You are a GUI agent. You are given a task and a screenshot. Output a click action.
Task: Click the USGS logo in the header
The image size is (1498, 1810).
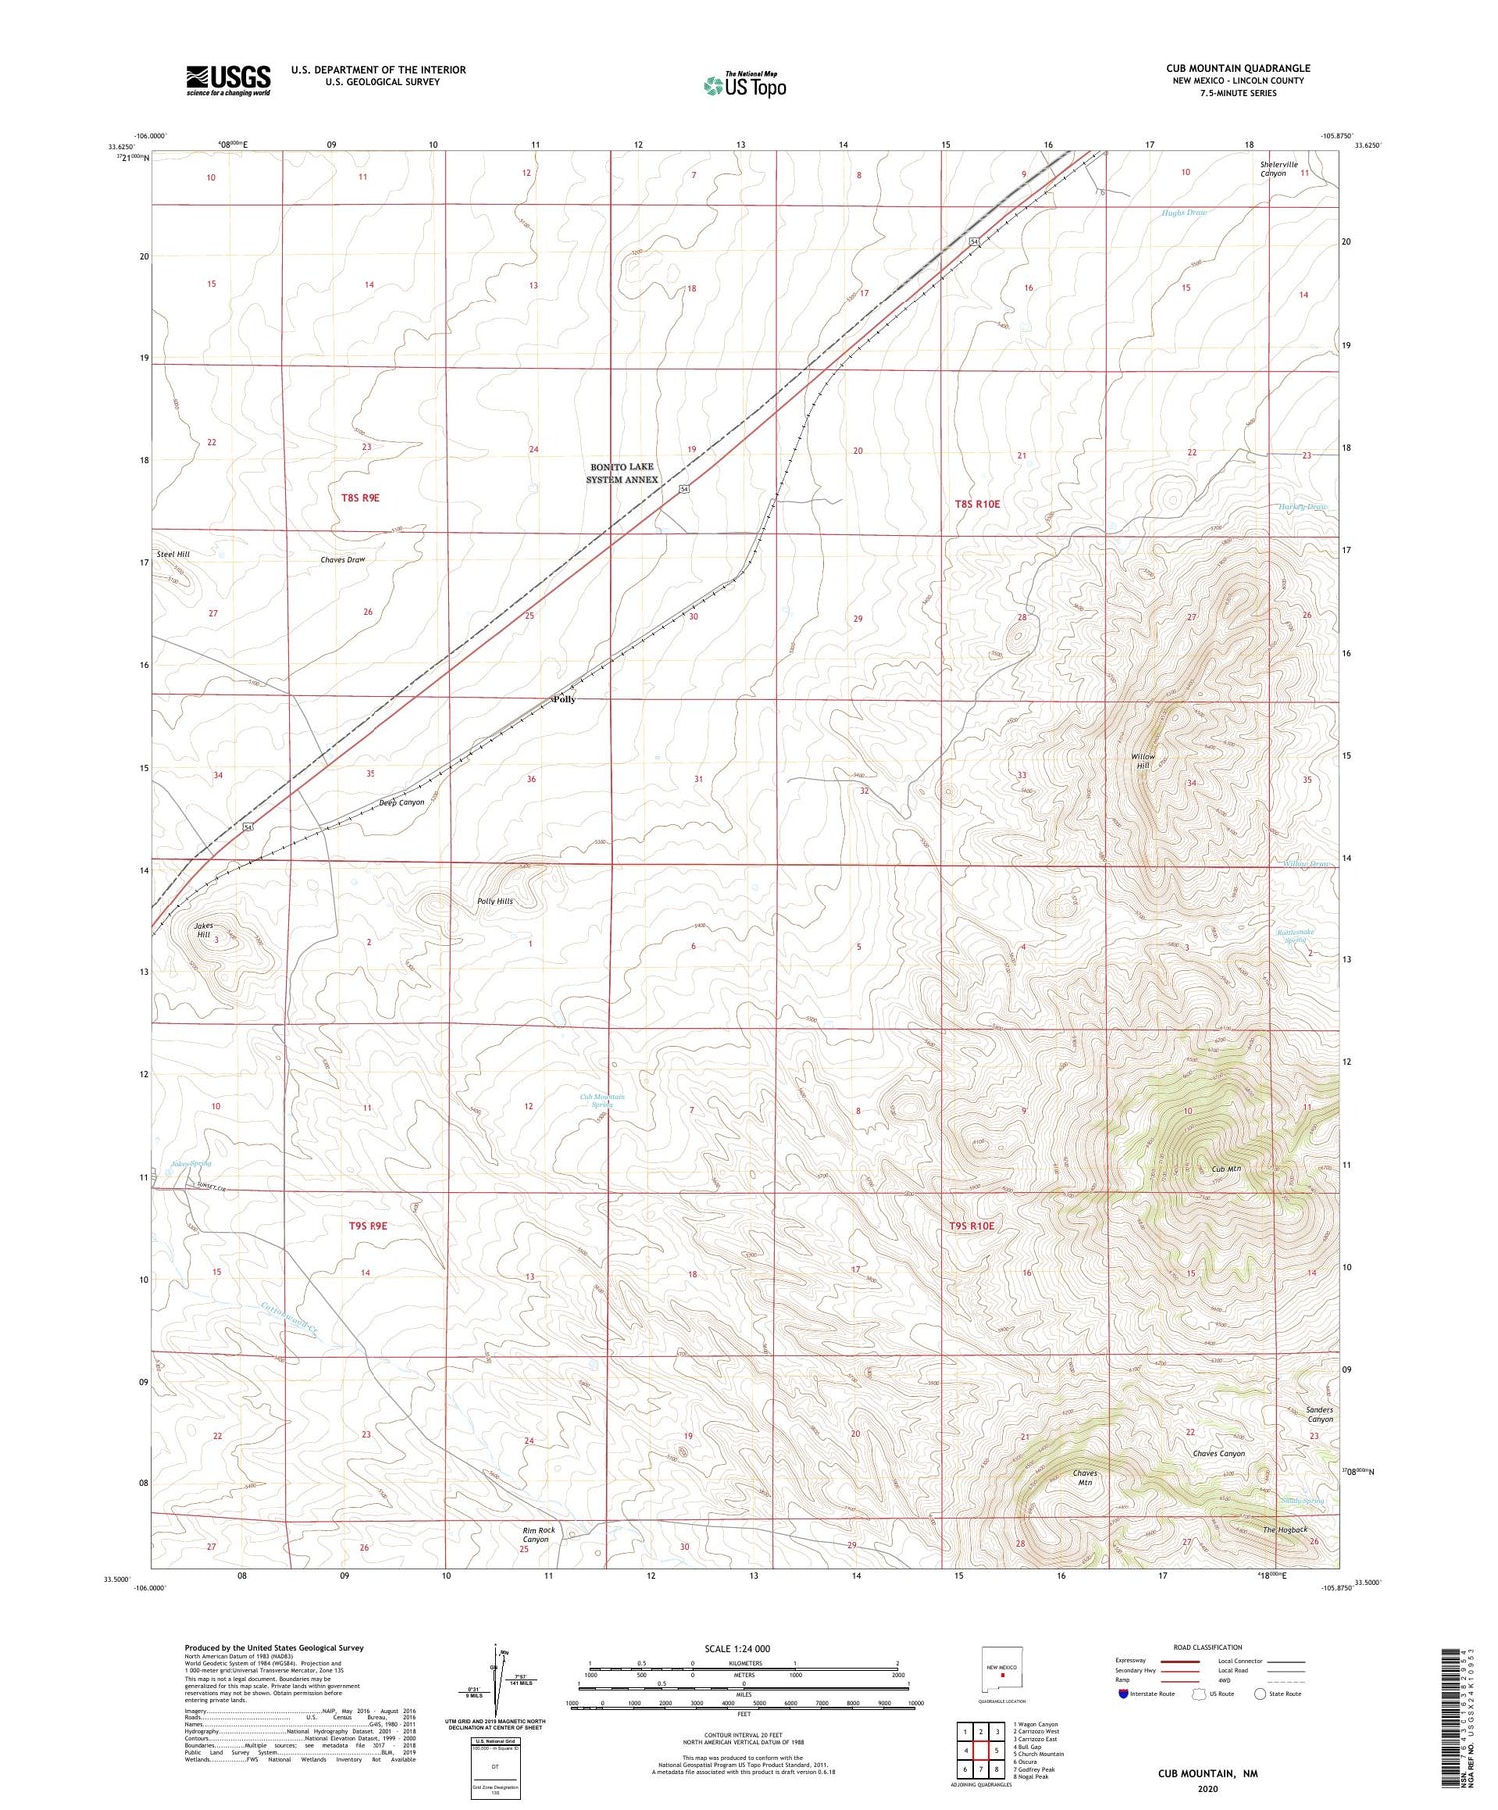pyautogui.click(x=228, y=80)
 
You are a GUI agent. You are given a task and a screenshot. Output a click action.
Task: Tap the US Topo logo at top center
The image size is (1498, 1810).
pyautogui.click(x=744, y=85)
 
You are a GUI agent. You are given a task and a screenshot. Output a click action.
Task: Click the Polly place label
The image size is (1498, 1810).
pyautogui.click(x=564, y=699)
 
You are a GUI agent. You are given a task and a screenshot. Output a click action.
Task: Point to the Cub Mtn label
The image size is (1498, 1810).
pyautogui.click(x=1226, y=1169)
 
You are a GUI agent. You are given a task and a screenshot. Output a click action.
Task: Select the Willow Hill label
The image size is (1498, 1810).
pyautogui.click(x=1143, y=761)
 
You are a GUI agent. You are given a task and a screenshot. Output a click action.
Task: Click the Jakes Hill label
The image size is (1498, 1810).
pyautogui.click(x=203, y=931)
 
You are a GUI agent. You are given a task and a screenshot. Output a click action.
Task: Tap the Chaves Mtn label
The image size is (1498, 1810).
pyautogui.click(x=1085, y=1478)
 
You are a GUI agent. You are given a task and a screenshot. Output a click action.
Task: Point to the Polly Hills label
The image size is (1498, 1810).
pyautogui.click(x=495, y=901)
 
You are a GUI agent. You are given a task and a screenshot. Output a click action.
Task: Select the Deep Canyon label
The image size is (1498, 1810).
pyautogui.click(x=402, y=802)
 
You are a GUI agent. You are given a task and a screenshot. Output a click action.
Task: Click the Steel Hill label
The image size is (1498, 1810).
pyautogui.click(x=172, y=554)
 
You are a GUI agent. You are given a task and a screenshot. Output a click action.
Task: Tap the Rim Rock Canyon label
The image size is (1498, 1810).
pyautogui.click(x=538, y=1534)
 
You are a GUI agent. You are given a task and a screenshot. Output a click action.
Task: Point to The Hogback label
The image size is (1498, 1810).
pyautogui.click(x=1284, y=1530)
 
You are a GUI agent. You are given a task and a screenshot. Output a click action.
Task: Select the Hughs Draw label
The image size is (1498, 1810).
pyautogui.click(x=1184, y=213)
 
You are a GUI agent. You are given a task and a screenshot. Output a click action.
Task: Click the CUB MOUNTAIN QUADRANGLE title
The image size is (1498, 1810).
pyautogui.click(x=1238, y=68)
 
